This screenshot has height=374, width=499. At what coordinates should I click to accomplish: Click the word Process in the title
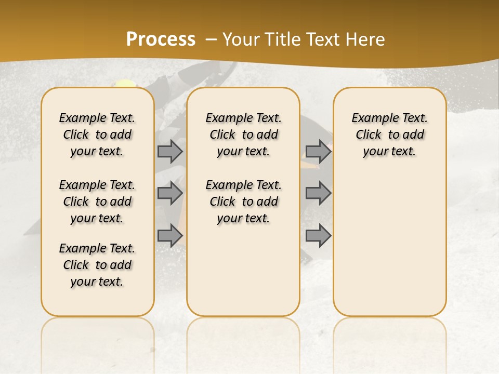tap(161, 39)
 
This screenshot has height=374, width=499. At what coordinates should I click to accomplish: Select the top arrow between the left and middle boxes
tap(170, 151)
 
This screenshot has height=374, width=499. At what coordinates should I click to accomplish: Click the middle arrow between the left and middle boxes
tap(170, 193)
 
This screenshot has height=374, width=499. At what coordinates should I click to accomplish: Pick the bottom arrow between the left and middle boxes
tap(170, 235)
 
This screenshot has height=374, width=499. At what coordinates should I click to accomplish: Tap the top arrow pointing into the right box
tap(318, 151)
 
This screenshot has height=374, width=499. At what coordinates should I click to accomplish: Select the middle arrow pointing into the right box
tap(318, 193)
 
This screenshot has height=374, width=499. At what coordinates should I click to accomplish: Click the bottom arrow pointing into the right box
tap(318, 235)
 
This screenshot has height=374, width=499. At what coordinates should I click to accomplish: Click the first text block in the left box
tap(97, 135)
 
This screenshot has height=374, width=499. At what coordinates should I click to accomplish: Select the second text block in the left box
tap(97, 202)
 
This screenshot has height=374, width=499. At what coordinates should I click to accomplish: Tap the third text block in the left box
tap(97, 265)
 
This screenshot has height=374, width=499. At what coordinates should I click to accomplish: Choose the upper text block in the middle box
tap(243, 135)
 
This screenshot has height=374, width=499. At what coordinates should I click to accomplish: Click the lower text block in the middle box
tap(243, 202)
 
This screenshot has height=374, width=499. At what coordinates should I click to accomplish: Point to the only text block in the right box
tap(389, 135)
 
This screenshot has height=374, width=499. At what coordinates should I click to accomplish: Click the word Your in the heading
tap(242, 39)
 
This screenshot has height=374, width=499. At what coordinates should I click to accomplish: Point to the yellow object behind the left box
tap(125, 83)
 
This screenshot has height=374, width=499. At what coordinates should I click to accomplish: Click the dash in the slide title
tap(211, 39)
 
